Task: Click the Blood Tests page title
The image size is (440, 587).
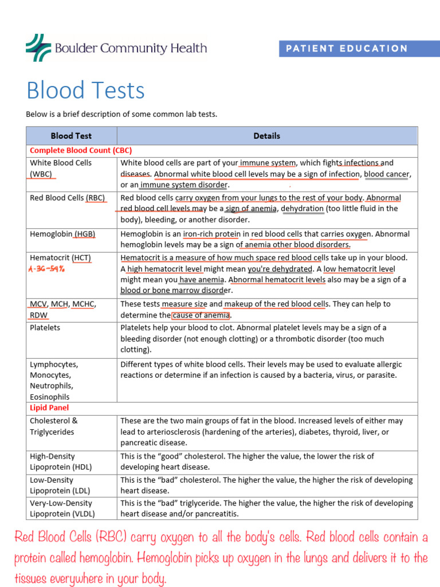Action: (85, 91)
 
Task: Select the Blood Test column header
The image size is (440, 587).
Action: (71, 136)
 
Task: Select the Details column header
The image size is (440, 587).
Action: (267, 136)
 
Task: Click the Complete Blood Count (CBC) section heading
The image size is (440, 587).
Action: (81, 151)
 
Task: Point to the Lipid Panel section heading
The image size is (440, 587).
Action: (49, 408)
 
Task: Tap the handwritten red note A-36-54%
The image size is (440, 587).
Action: (46, 269)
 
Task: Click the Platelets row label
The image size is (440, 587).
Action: (45, 328)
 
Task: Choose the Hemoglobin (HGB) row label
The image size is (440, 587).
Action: (62, 234)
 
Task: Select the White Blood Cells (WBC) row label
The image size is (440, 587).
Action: (60, 168)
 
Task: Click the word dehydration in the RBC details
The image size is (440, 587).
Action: (302, 209)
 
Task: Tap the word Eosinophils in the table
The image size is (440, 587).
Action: (50, 397)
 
